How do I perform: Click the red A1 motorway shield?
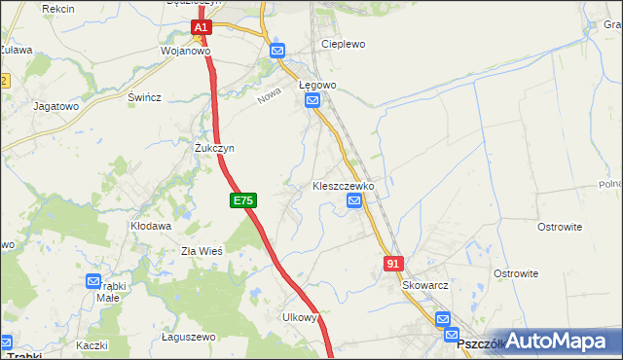(201, 28)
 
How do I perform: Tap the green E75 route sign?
(243, 200)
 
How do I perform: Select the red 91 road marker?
(393, 263)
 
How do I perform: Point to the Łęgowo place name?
(317, 85)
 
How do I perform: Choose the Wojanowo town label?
(186, 51)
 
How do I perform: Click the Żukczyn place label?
(214, 148)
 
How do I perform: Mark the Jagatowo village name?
(55, 105)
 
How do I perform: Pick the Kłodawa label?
(151, 226)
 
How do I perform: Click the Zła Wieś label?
(202, 250)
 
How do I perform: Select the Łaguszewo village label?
(188, 337)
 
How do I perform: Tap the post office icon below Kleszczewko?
(354, 201)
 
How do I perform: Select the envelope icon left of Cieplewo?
(277, 51)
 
